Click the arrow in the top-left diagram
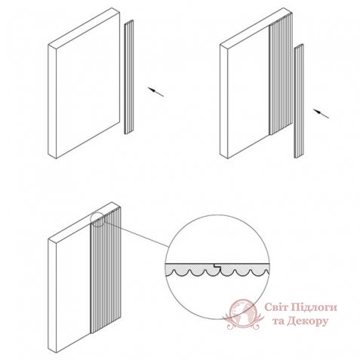point(155,92)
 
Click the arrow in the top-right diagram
point(321,113)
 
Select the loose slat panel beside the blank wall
point(129,77)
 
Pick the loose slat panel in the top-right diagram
point(299,101)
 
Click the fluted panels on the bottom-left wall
point(106,269)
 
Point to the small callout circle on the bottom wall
point(98,220)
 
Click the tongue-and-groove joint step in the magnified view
point(217,266)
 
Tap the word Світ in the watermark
point(275,307)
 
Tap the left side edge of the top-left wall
point(52,101)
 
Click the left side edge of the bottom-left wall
point(52,296)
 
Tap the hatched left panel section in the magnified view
point(190,269)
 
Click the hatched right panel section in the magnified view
point(244,269)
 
